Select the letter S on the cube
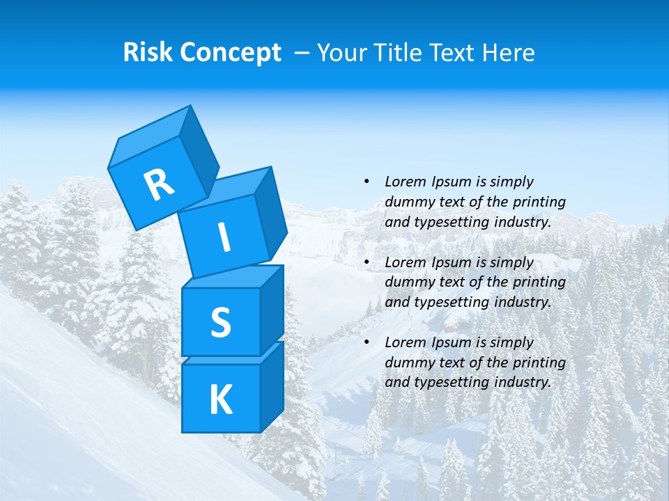tap(220, 322)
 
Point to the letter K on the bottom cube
tap(220, 400)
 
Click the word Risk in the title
tap(148, 53)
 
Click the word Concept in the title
tap(231, 53)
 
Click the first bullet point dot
tap(367, 182)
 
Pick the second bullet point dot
tap(367, 262)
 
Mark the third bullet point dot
tap(367, 342)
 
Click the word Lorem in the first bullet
tap(406, 182)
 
